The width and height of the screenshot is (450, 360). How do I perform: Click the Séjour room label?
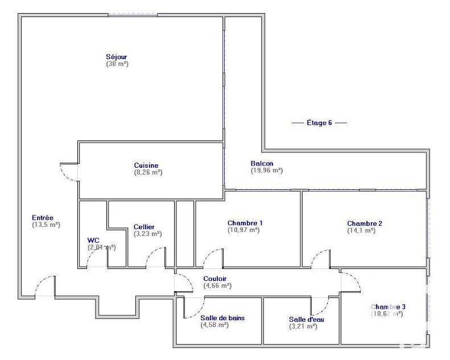point(116,56)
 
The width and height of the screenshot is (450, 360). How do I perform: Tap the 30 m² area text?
point(117,64)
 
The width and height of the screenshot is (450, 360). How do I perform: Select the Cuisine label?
point(146,165)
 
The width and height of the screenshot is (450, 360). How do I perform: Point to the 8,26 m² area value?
point(148,172)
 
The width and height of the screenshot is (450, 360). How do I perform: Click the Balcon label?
point(262,163)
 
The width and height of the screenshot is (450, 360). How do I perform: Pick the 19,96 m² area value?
point(267,170)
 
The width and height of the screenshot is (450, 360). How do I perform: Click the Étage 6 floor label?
point(319,123)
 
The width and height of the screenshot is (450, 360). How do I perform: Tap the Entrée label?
point(43,217)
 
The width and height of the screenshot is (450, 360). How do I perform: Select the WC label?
point(93,240)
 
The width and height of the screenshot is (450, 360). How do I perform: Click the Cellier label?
point(144,227)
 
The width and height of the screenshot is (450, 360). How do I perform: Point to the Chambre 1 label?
point(245,223)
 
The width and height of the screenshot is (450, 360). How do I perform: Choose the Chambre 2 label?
point(365,224)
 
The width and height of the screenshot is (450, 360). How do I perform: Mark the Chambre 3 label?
point(388,307)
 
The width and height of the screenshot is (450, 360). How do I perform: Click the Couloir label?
point(215,279)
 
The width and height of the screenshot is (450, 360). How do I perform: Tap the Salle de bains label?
point(222,318)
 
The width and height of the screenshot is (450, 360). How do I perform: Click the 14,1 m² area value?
point(361,230)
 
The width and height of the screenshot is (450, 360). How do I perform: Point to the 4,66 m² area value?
point(217,285)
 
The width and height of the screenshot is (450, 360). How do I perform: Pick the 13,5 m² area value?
point(46,225)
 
